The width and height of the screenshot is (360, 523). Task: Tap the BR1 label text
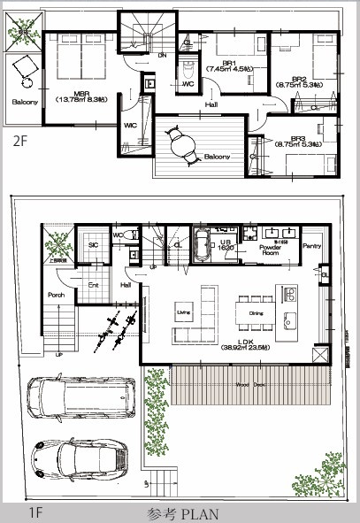click(x=228, y=63)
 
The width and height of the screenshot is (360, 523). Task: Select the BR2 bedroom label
click(x=298, y=79)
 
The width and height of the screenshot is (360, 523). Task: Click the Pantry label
click(x=310, y=246)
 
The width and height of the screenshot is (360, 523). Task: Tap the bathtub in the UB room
click(x=201, y=242)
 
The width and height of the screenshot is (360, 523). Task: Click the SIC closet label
click(x=92, y=244)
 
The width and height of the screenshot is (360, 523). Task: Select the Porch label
click(x=56, y=295)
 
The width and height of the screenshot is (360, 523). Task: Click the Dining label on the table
click(x=257, y=312)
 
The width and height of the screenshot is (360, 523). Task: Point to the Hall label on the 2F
click(x=211, y=104)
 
